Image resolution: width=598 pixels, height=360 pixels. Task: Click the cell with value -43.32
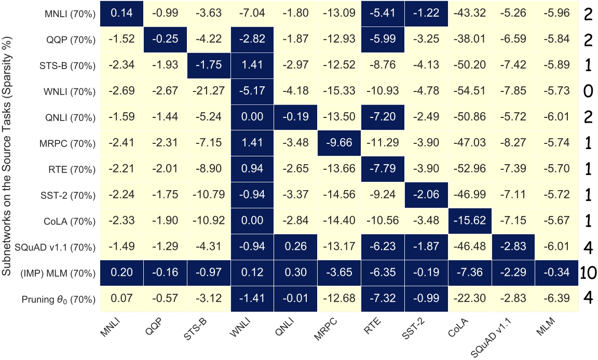(x=465, y=15)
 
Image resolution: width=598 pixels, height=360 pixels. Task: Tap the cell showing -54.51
(x=465, y=92)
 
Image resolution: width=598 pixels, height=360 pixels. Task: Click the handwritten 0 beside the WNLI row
(x=588, y=92)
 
